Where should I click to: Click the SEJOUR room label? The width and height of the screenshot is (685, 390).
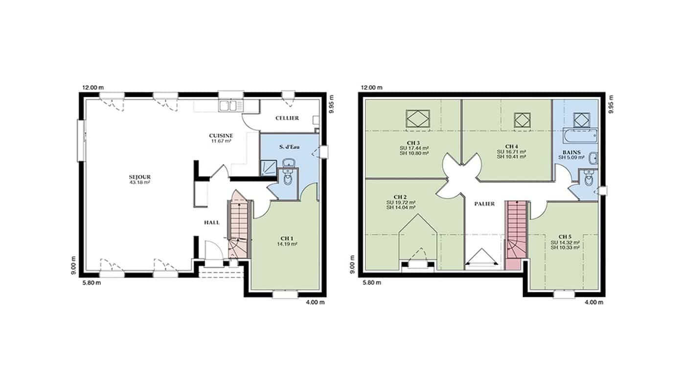click(x=140, y=177)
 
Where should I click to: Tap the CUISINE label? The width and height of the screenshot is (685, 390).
click(x=221, y=135)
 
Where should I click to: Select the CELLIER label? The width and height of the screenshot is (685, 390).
click(x=287, y=118)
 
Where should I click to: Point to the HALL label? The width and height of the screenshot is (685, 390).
click(x=212, y=223)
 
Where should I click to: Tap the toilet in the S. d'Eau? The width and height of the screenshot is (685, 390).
click(x=288, y=177)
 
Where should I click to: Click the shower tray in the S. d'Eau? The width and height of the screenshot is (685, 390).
click(x=269, y=168)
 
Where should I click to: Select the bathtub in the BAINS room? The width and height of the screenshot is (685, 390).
click(x=580, y=136)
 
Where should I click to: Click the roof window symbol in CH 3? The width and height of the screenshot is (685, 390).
click(x=418, y=119)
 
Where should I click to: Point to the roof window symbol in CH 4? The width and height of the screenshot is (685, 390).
click(x=522, y=120)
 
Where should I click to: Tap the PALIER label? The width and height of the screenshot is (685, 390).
click(x=484, y=204)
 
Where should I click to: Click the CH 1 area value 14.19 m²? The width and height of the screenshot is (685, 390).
click(x=287, y=244)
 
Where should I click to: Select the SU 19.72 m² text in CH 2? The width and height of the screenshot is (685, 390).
click(x=401, y=202)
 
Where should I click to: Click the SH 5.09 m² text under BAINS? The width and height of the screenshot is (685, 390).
click(x=571, y=157)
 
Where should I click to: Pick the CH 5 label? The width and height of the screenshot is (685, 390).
click(x=565, y=237)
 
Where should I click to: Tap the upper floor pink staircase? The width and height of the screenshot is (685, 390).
click(x=517, y=235)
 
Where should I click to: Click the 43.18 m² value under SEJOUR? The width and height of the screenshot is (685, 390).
click(x=140, y=183)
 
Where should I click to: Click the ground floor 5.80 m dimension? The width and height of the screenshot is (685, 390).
click(x=91, y=283)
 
